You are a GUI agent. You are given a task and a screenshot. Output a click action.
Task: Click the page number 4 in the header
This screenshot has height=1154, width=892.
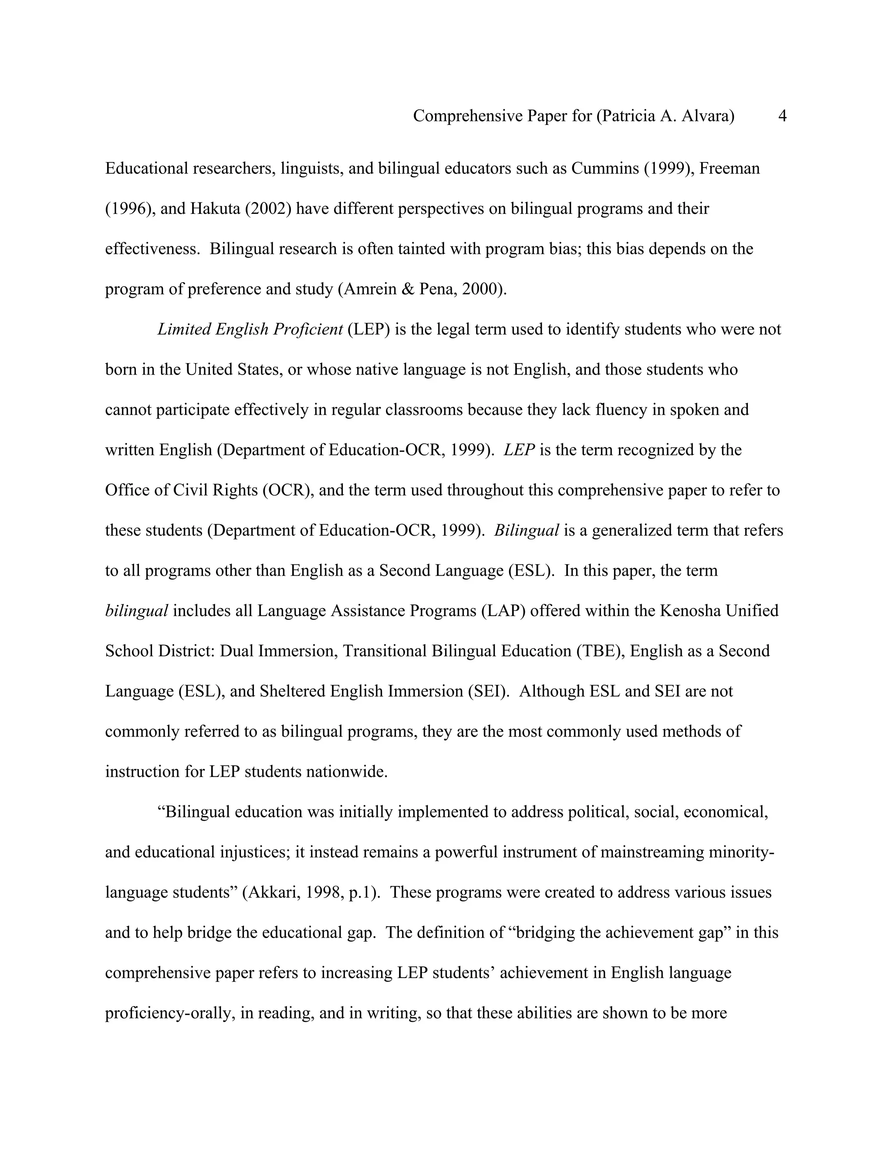782,116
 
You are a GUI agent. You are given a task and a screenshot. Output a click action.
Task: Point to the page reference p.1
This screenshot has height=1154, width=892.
362,892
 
